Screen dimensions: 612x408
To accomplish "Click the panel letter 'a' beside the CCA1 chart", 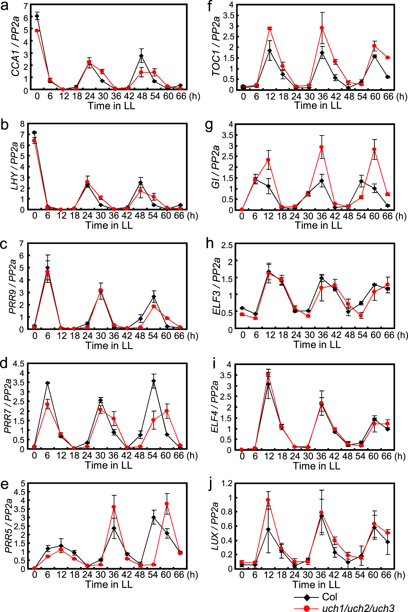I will pyautogui.click(x=5, y=6).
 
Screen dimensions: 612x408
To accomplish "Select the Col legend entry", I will pyautogui.click(x=329, y=597).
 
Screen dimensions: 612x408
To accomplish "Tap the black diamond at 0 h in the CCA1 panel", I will pyautogui.click(x=37, y=16).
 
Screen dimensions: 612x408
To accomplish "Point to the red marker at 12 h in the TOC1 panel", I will pyautogui.click(x=270, y=28).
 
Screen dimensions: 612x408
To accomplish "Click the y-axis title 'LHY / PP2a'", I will pyautogui.click(x=15, y=166).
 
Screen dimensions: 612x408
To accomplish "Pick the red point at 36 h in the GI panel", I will pyautogui.click(x=322, y=147).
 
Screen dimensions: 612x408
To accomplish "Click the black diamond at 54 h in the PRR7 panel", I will pyautogui.click(x=154, y=381).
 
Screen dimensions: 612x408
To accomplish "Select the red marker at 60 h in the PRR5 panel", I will pyautogui.click(x=167, y=504).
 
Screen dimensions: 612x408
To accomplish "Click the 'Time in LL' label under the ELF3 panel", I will pyautogui.click(x=317, y=344).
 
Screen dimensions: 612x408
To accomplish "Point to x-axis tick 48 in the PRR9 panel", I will pyautogui.click(x=140, y=336).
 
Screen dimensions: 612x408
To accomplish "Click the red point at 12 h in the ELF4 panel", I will pyautogui.click(x=268, y=374).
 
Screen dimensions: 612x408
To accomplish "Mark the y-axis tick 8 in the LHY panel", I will pyautogui.click(x=22, y=124).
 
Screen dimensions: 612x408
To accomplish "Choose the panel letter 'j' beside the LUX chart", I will pyautogui.click(x=211, y=485).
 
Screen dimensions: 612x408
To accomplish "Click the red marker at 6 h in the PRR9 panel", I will pyautogui.click(x=47, y=271).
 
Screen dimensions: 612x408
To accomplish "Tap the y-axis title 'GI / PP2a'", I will pyautogui.click(x=216, y=167).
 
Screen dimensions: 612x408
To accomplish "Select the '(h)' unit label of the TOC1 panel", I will pyautogui.click(x=401, y=96).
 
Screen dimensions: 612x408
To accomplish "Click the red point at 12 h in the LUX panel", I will pyautogui.click(x=268, y=500).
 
